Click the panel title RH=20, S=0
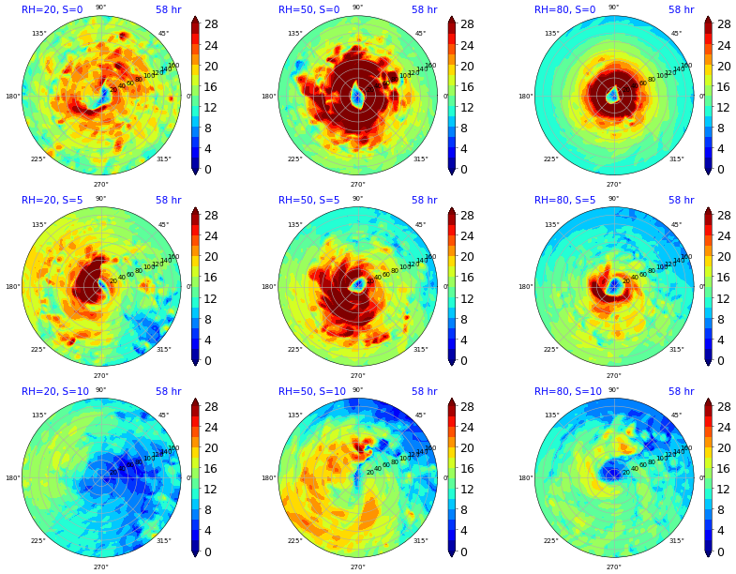coord(52,9)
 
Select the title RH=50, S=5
coord(308,200)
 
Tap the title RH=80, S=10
coord(568,391)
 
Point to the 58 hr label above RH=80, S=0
coord(681,9)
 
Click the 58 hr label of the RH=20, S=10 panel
coord(169,391)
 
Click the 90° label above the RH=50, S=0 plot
coord(357,8)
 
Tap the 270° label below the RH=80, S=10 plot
coord(613,566)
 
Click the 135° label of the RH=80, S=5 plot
coord(550,224)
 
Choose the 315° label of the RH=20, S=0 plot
coord(163,159)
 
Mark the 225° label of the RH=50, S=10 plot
coord(294,541)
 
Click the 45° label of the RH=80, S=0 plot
coord(676,33)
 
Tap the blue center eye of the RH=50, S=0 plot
coord(356,96)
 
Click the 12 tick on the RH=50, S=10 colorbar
coord(467,490)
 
